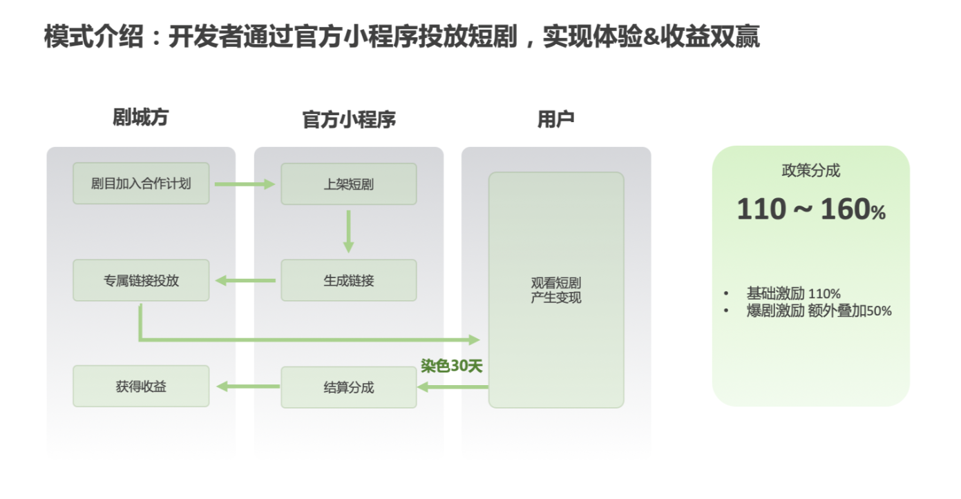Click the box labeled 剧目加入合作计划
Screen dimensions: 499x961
pos(141,184)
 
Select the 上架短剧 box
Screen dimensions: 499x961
pos(348,184)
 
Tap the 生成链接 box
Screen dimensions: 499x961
pos(348,280)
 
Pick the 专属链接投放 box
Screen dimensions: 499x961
pos(141,280)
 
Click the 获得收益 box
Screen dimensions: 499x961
pos(141,387)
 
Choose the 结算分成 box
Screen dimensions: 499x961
pos(348,387)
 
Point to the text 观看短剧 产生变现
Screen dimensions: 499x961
pos(555,291)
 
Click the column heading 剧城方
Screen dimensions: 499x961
pos(140,117)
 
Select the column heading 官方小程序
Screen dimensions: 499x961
pos(349,119)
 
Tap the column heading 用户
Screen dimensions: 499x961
pos(556,119)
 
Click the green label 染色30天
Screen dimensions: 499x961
pos(451,366)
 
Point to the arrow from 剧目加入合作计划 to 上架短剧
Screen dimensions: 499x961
pos(245,184)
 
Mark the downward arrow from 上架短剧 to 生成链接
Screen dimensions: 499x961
pos(348,231)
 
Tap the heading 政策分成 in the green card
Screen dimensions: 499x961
pos(810,170)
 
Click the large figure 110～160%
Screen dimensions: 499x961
pos(810,210)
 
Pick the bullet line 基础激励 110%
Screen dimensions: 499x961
pos(793,293)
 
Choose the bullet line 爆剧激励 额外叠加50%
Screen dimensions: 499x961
pos(819,311)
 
